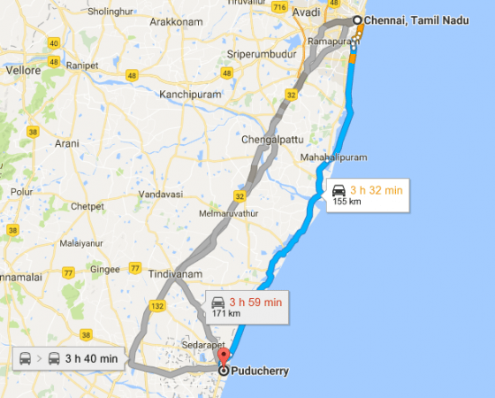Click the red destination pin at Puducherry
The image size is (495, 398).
tap(223, 356)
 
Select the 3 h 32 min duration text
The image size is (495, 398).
tap(377, 189)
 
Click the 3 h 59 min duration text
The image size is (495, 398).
tap(255, 302)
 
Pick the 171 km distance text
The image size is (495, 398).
tap(225, 314)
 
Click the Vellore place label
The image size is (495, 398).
tap(24, 69)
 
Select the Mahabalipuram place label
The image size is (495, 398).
tap(333, 157)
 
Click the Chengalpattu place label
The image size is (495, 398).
tap(273, 138)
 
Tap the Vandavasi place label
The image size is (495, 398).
tap(159, 194)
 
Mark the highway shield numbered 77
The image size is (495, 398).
tap(134, 268)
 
